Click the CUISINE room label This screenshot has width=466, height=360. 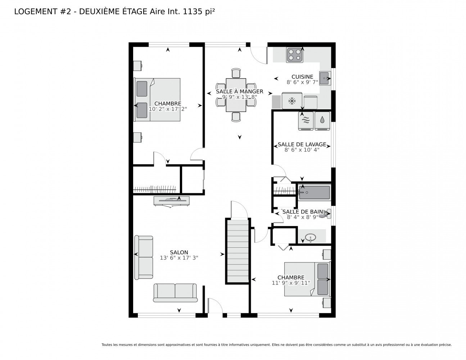[302, 77]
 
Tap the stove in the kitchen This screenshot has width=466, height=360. [294, 55]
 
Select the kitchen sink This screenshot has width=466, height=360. [325, 78]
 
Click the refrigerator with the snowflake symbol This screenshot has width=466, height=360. [291, 101]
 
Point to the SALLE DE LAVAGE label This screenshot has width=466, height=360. [302, 144]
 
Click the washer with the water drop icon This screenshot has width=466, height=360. [322, 121]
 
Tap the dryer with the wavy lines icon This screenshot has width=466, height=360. [306, 121]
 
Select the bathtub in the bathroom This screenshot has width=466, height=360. [314, 193]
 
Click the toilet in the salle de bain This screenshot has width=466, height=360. [327, 213]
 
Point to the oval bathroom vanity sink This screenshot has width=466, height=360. [310, 238]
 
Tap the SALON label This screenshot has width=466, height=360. [179, 252]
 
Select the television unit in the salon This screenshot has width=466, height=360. [172, 201]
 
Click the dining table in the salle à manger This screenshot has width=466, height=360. [236, 95]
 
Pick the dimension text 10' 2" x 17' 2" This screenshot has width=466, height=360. [168, 109]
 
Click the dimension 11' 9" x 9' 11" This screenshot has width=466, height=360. [291, 283]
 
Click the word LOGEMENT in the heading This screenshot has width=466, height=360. [36, 12]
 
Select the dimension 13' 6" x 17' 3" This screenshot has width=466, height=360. [179, 258]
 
